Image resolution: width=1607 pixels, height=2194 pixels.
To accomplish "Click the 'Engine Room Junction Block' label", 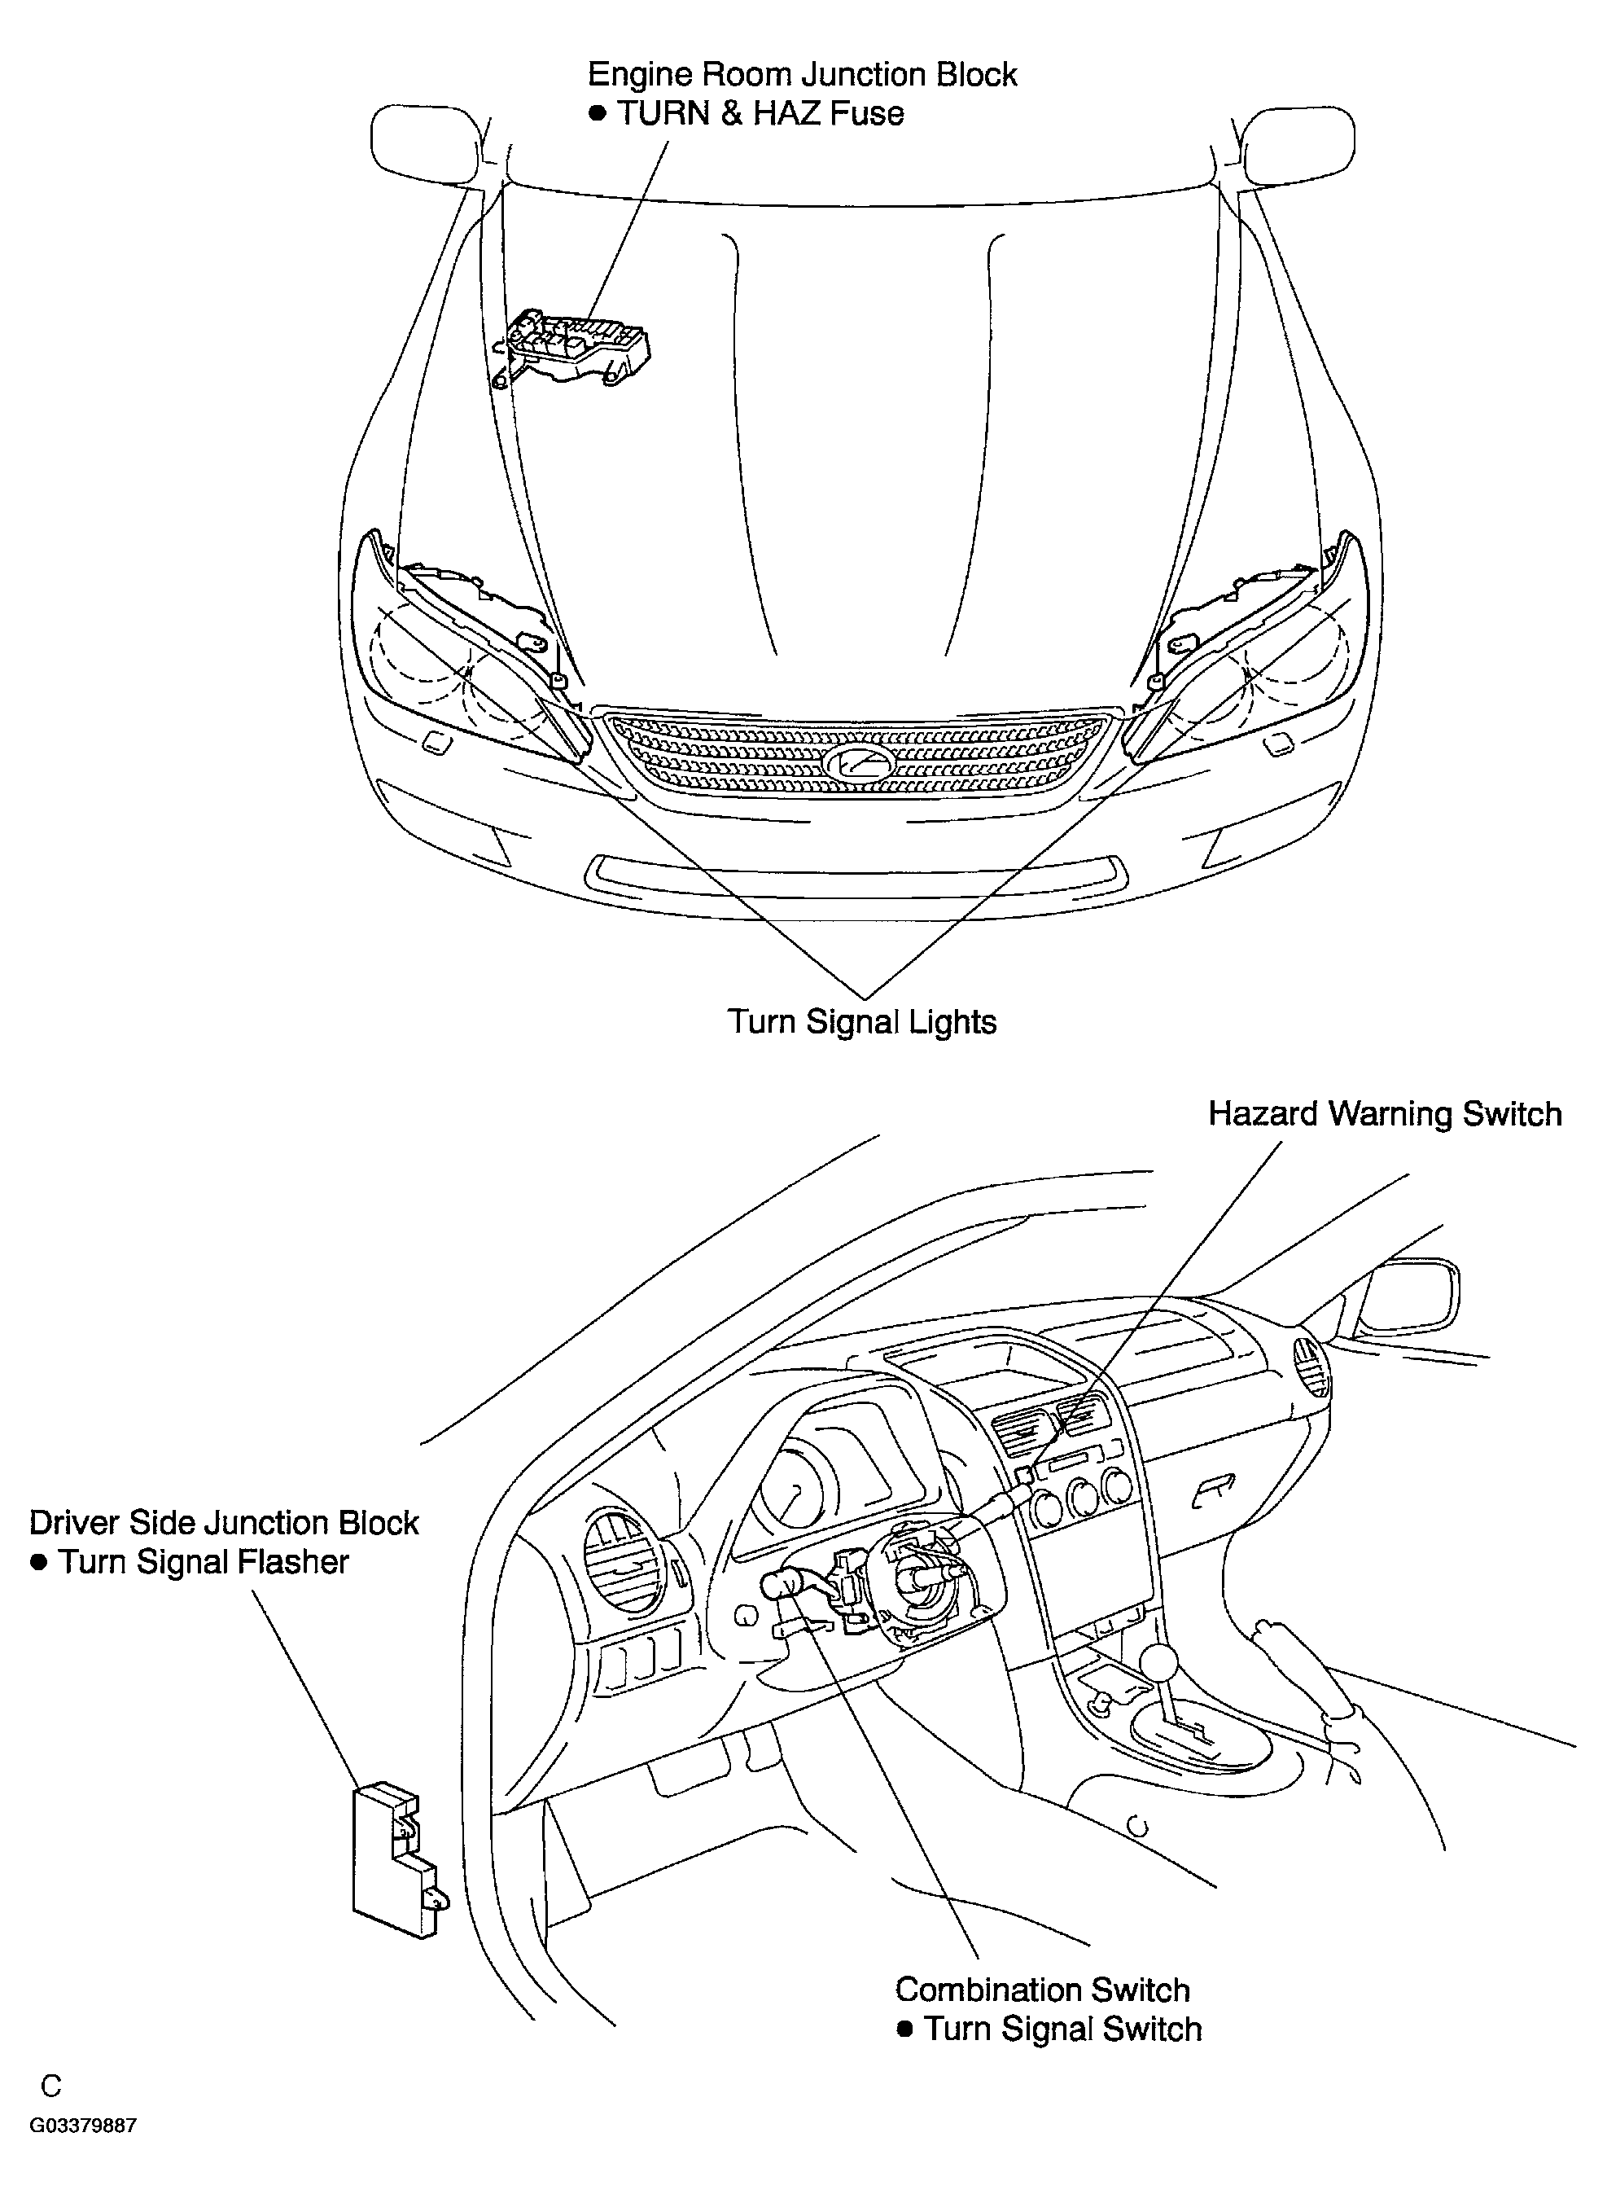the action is tap(803, 76).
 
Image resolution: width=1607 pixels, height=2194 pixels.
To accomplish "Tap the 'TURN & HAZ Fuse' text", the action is tap(760, 114).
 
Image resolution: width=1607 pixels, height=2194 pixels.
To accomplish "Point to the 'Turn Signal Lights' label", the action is tap(862, 1023).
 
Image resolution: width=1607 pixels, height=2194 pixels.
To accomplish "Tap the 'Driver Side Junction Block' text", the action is tap(224, 1523).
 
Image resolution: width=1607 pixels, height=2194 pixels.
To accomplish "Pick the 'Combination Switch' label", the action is tap(1042, 1990).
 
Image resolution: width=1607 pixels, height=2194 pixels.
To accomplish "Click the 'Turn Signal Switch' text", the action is tap(1063, 2029).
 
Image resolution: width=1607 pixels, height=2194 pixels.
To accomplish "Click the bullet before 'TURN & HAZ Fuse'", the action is tap(598, 114).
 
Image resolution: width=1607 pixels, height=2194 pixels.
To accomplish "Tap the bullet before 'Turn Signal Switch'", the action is tap(904, 2029).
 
